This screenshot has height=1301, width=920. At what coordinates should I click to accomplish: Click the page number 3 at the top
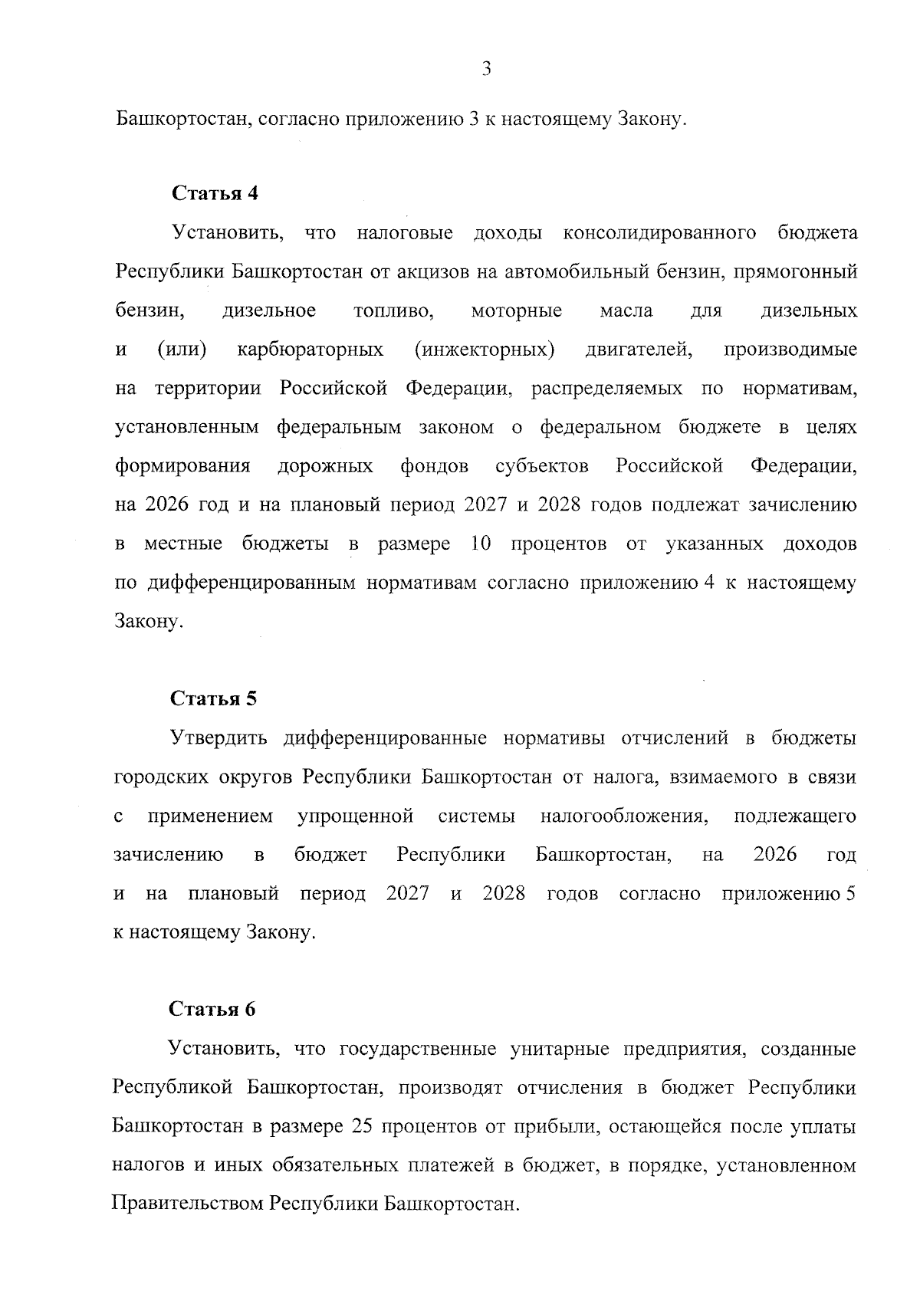click(486, 70)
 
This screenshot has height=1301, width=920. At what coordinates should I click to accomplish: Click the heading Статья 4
click(215, 193)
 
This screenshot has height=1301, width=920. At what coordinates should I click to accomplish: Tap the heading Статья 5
click(214, 698)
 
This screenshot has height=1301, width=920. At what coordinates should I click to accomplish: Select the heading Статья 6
click(212, 1009)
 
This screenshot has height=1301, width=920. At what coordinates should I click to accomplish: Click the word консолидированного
click(659, 233)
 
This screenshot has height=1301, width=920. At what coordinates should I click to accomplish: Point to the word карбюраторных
click(310, 350)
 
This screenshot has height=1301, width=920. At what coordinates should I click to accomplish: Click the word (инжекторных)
click(485, 350)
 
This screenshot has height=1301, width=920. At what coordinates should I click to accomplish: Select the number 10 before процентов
click(480, 544)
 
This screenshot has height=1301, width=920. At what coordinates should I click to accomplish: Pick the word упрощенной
click(355, 816)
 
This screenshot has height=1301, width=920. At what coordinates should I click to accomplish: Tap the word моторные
click(517, 311)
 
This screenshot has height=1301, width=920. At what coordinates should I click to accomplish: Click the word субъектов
click(542, 466)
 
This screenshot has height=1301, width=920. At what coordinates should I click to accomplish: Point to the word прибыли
click(547, 1127)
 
